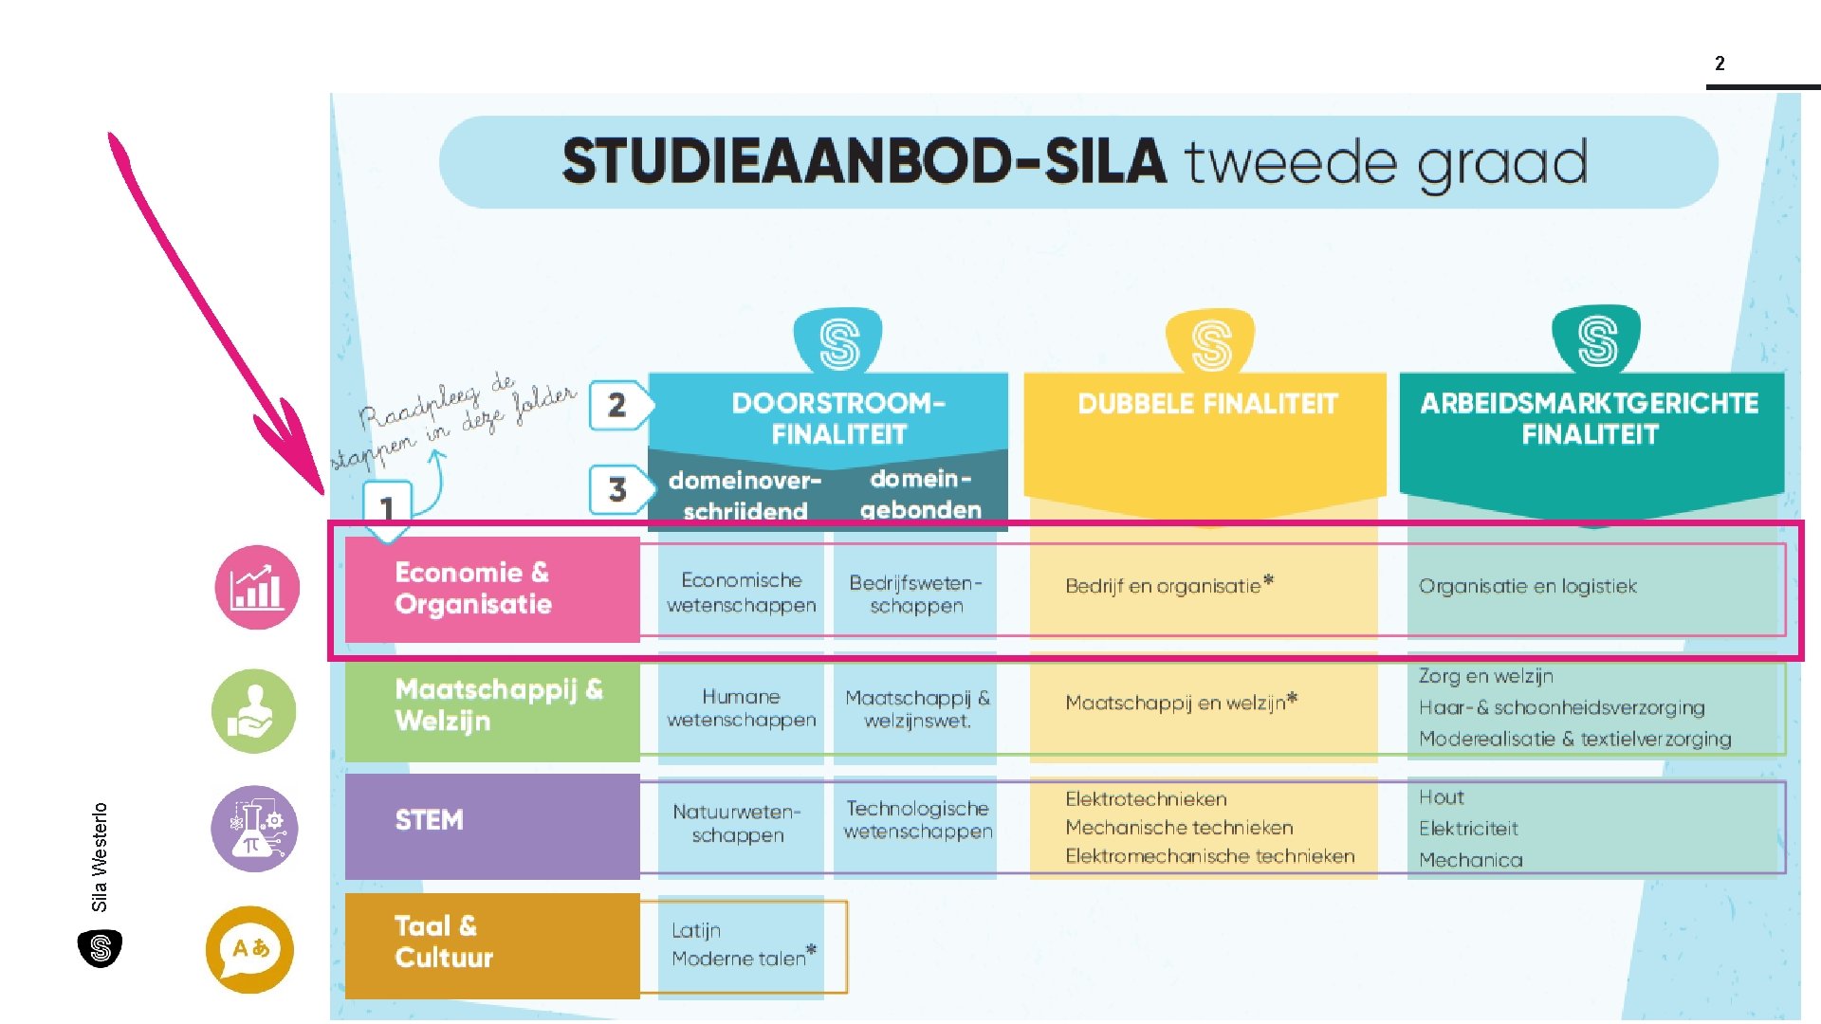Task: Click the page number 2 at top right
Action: (1720, 64)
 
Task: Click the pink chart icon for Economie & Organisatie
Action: (257, 588)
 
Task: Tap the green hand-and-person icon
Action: (253, 711)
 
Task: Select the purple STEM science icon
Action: (253, 828)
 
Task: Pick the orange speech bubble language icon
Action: (249, 949)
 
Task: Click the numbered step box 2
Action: (617, 406)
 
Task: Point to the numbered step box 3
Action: (617, 489)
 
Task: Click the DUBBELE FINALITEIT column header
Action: (1206, 404)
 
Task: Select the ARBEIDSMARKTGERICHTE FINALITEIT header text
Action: (1590, 418)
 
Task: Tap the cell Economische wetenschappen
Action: (741, 593)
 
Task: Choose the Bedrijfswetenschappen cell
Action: (915, 594)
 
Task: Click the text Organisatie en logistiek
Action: (1527, 586)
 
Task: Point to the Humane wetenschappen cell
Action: (741, 708)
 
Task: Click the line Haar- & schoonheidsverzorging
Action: (1561, 707)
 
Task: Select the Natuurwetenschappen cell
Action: (737, 823)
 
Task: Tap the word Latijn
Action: (696, 930)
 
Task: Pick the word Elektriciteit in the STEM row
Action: (1468, 829)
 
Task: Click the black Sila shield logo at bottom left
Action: (100, 948)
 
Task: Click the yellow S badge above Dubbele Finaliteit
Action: (1210, 342)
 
